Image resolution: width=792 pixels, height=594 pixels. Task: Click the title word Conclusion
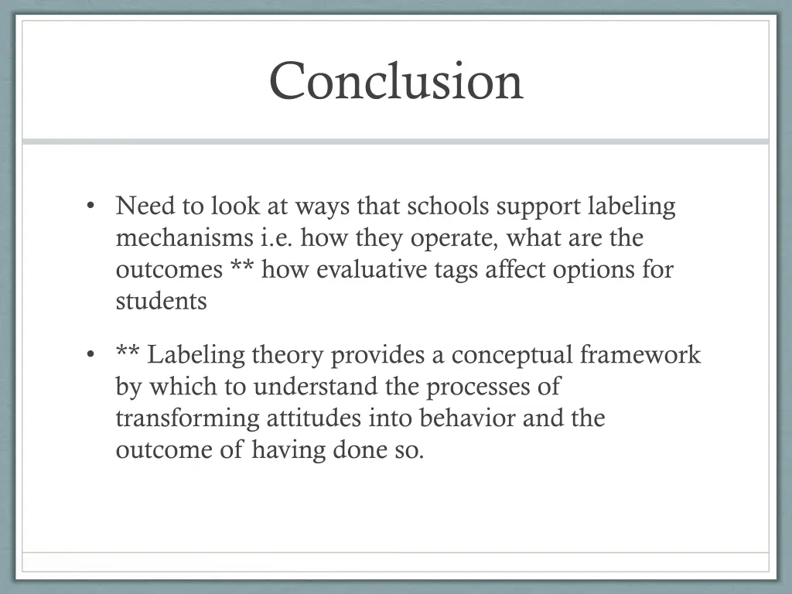coord(396,81)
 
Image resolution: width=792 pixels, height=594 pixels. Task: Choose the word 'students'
coord(161,301)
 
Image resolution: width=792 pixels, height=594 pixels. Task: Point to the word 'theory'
coord(292,356)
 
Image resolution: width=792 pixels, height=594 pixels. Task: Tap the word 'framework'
coord(640,355)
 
